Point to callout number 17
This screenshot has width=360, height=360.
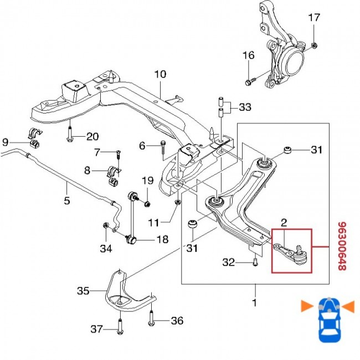pyautogui.click(x=314, y=18)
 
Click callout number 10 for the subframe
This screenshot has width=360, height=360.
pyautogui.click(x=160, y=74)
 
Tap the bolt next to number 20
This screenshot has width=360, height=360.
pyautogui.click(x=70, y=136)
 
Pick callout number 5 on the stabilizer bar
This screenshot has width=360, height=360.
pyautogui.click(x=66, y=200)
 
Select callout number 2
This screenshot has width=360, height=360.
pyautogui.click(x=284, y=223)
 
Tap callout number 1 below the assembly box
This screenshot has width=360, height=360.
pyautogui.click(x=255, y=303)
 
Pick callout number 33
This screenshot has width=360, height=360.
pyautogui.click(x=244, y=106)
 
